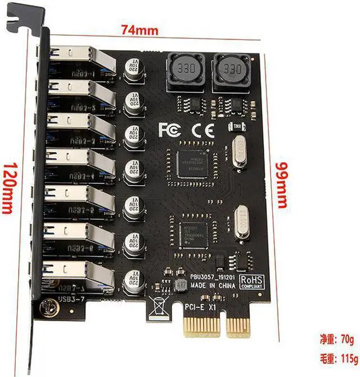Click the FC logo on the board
click(169, 130)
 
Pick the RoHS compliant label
click(251, 281)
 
